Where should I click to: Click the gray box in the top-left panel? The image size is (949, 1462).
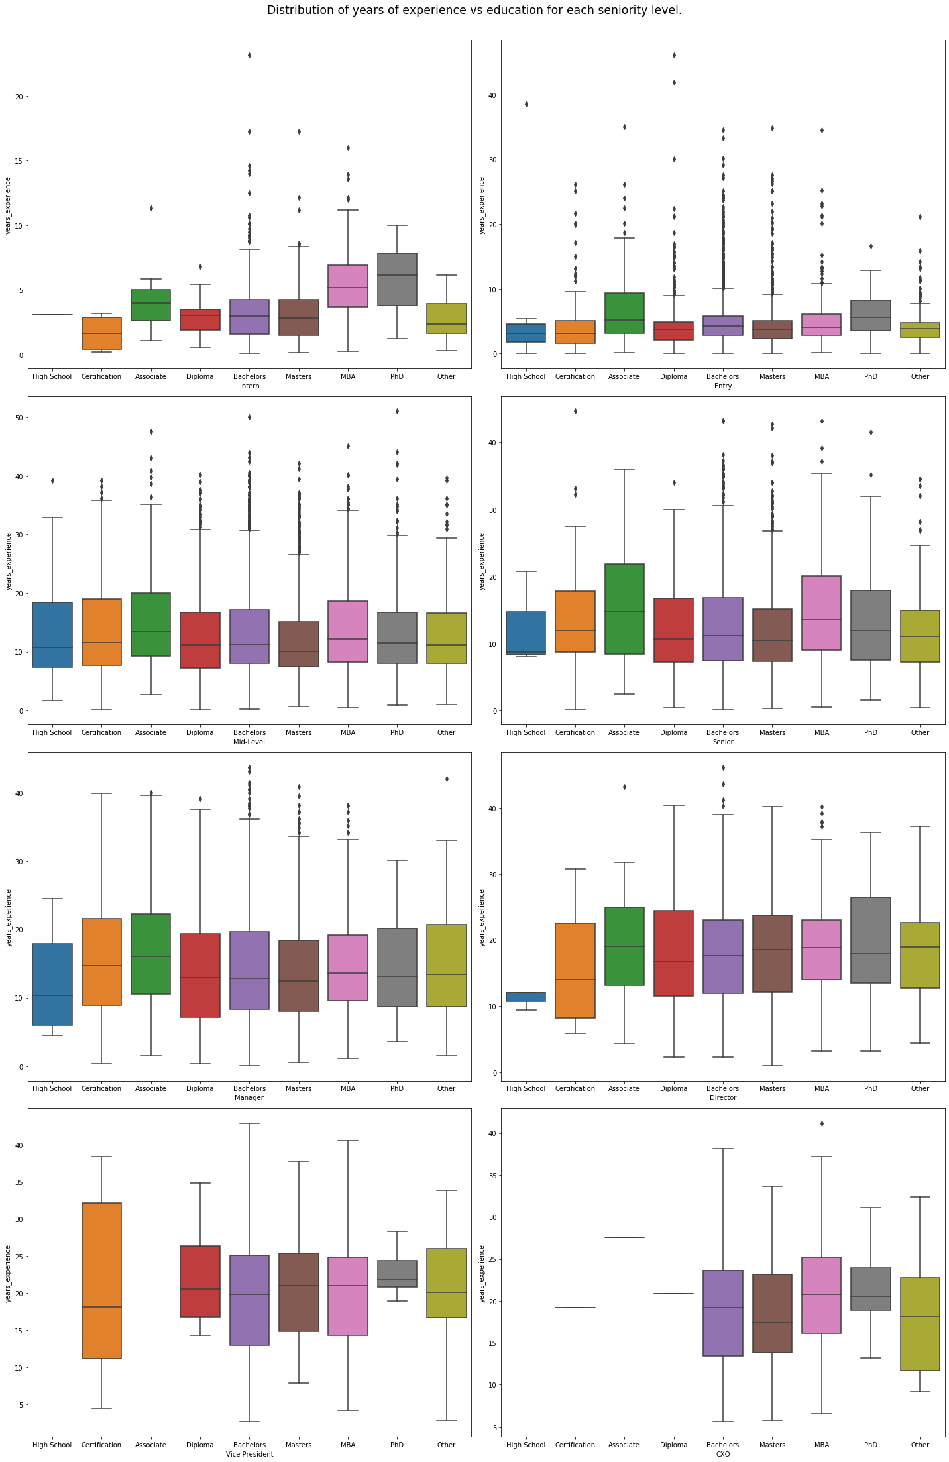(397, 279)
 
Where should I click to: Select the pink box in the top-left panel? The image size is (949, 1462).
(348, 286)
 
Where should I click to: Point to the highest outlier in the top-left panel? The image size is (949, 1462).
(249, 55)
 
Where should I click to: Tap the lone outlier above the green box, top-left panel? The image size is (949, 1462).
(151, 208)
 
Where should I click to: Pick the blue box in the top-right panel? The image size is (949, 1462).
(526, 333)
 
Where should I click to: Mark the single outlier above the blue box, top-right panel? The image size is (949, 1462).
(526, 104)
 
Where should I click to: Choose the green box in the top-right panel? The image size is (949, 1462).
(624, 313)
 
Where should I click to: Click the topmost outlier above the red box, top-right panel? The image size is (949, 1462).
(674, 55)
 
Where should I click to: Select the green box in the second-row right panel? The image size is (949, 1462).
(624, 608)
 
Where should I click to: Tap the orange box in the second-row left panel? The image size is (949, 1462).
(101, 632)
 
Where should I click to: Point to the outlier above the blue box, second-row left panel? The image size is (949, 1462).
(52, 480)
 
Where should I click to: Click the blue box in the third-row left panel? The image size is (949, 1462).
(52, 984)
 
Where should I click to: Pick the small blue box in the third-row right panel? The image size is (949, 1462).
(526, 997)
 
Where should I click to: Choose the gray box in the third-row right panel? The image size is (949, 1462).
(871, 939)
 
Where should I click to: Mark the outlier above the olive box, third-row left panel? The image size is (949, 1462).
(447, 779)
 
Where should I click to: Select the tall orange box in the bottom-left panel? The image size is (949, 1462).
(101, 1280)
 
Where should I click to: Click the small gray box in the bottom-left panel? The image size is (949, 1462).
(397, 1273)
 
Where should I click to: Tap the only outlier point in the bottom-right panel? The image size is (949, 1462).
(822, 1123)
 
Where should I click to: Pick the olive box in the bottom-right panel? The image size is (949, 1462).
(920, 1323)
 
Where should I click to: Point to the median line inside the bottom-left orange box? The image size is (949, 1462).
(101, 1307)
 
